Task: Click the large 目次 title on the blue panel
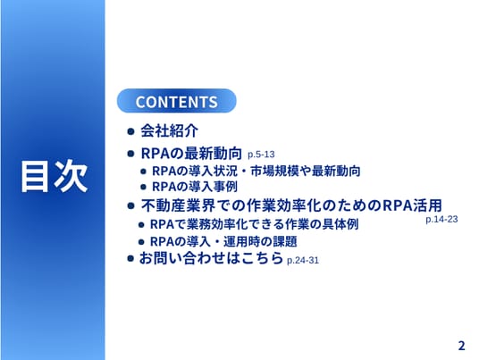click(55, 176)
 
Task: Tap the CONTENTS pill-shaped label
click(177, 101)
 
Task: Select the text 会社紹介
click(169, 131)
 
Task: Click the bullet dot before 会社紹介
click(130, 131)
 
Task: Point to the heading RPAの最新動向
click(191, 153)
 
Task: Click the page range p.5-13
click(261, 155)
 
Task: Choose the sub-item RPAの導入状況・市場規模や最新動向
click(256, 171)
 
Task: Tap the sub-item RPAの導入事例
click(195, 187)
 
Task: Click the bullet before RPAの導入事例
click(143, 187)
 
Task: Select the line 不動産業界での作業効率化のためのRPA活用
click(291, 205)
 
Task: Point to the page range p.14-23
click(441, 219)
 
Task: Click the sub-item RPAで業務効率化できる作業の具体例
click(254, 224)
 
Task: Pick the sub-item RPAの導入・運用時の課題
click(223, 241)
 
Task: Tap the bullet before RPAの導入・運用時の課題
click(141, 242)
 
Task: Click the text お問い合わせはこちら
click(211, 258)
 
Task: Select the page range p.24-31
click(303, 260)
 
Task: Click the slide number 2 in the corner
click(462, 346)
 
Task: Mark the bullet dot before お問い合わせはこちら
click(130, 259)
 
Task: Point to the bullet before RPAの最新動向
click(130, 154)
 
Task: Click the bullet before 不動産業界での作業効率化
click(130, 206)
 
